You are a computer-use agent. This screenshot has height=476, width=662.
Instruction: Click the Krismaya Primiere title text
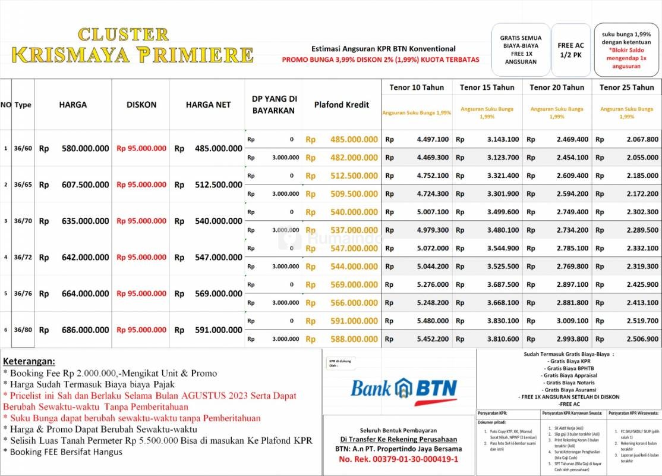[x=133, y=54]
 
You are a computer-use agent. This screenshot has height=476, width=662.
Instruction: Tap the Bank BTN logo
[x=403, y=389]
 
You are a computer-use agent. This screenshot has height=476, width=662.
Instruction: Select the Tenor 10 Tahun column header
[x=417, y=87]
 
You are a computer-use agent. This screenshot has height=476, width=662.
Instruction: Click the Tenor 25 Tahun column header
[x=626, y=87]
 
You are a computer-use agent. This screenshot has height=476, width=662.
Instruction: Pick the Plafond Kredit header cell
[x=342, y=105]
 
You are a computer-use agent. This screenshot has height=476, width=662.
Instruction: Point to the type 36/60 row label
[x=23, y=148]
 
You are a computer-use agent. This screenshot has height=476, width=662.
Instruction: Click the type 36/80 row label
[x=23, y=330]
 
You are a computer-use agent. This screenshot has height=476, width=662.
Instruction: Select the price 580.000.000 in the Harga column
[x=85, y=148]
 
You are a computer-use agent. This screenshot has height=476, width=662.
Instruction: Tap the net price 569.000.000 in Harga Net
[x=218, y=293]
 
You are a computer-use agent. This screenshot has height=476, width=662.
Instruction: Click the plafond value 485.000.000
[x=354, y=139]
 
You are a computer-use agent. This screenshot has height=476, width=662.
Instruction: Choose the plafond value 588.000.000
[x=354, y=339]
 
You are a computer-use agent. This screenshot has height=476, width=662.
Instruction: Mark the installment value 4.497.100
[x=433, y=139]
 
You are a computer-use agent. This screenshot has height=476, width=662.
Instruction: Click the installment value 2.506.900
[x=642, y=339]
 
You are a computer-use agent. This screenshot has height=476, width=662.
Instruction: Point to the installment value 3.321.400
[x=503, y=176]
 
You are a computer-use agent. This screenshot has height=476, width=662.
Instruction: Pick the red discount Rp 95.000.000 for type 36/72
[x=141, y=257]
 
